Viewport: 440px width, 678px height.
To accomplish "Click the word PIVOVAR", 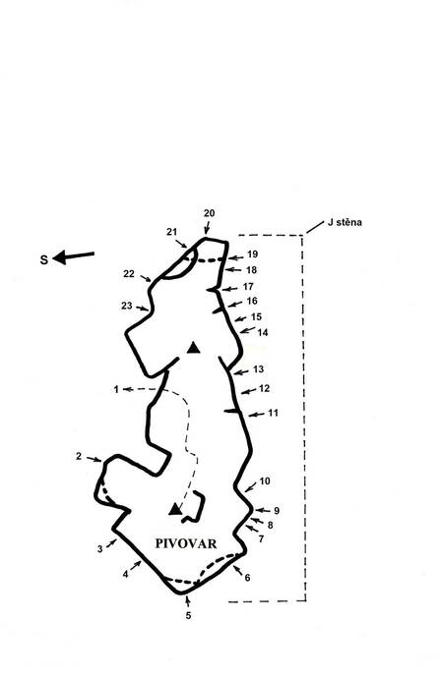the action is pos(186,543).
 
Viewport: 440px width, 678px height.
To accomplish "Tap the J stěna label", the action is pos(345,223).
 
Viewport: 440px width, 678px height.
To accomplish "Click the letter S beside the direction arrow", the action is pos(43,259).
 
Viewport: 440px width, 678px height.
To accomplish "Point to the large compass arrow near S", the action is pos(74,256).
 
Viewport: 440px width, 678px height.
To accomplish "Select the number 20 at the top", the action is pos(210,213).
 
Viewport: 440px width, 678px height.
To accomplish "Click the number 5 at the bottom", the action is pos(188,615).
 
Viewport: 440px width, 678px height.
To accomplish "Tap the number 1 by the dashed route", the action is pos(116,389).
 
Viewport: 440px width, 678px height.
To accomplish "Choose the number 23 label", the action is pos(126,306).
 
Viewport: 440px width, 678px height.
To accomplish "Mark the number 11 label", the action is pos(273,413).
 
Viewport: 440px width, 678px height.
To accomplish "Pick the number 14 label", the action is pos(263,332).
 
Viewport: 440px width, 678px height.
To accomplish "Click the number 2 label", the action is pos(79,456).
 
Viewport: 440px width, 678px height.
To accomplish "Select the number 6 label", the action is pos(247,578).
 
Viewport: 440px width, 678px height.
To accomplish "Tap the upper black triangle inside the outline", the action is pos(194,348).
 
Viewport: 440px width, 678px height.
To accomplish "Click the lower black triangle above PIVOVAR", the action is pos(175,509).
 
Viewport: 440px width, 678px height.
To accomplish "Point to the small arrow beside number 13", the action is pos(241,371).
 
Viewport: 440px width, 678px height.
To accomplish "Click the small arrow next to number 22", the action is pos(145,278).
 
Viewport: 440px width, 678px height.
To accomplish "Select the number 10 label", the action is pos(265,480).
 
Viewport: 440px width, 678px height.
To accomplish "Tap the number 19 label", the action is pos(252,254).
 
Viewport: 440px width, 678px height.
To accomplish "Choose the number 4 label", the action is pos(125,575).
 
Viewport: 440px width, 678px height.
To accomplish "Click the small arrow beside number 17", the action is pos(230,289).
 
